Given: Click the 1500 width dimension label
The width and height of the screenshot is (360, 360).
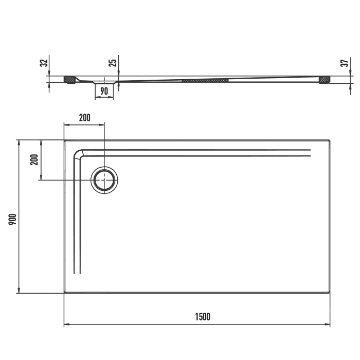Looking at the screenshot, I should point(202,317).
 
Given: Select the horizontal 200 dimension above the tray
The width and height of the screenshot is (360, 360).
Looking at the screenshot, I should point(84,117).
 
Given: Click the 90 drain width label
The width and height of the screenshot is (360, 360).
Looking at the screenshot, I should point(104,91).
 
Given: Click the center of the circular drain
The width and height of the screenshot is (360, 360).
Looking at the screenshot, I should point(104,180).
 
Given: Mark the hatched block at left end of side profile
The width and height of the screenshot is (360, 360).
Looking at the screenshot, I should point(69,80).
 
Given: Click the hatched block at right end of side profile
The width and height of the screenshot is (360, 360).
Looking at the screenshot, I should point(324,80).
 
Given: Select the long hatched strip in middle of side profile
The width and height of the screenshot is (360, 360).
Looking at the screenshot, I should point(205,80).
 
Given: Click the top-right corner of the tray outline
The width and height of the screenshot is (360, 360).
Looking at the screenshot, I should point(330,140).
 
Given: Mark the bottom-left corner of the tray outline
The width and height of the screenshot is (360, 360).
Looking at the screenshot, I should point(64,293).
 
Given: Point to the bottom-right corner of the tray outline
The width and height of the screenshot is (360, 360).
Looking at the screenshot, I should point(330,293).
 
